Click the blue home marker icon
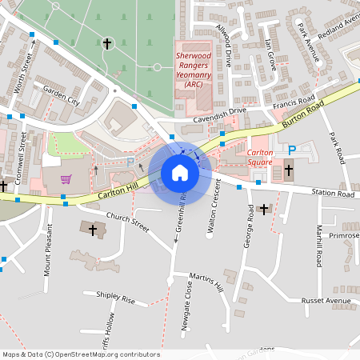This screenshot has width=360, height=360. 180,173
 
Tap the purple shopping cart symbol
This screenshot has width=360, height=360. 66,179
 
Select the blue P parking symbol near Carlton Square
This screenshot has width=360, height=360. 292,150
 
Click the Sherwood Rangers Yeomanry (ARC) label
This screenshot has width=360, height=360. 194,70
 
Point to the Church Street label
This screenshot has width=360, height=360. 128,221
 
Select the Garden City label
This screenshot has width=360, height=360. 62,96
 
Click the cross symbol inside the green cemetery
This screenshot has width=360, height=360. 108,43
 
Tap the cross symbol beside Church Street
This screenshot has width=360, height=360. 93,230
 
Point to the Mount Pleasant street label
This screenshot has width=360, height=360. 48,261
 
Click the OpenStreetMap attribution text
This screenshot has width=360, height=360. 80,354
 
